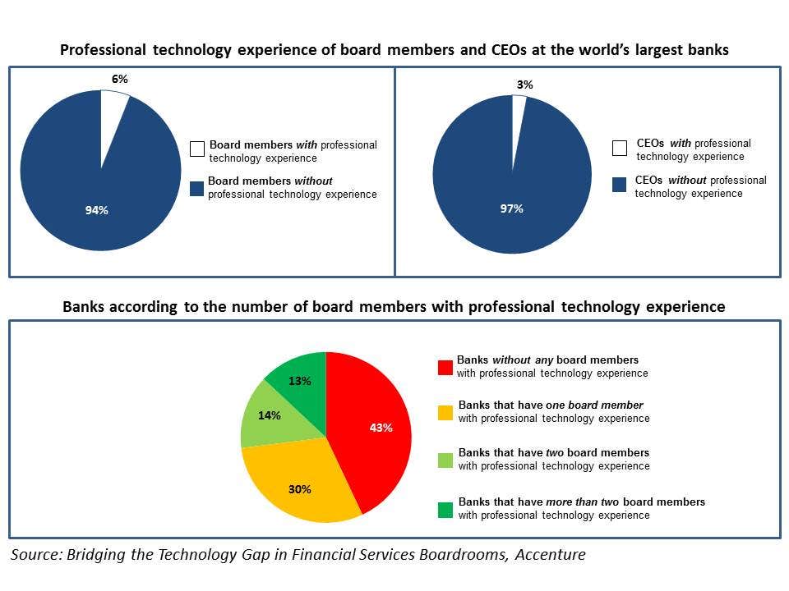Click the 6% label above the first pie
(x=120, y=79)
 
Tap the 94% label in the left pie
(x=97, y=211)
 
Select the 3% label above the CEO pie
(x=524, y=85)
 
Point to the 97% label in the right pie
(x=511, y=208)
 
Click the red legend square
(x=445, y=367)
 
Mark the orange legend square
(x=445, y=412)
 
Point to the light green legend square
(x=445, y=460)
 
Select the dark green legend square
(x=445, y=509)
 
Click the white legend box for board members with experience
(x=197, y=149)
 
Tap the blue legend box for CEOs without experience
(x=620, y=186)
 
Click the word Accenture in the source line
(x=550, y=555)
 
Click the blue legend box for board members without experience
(x=197, y=189)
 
